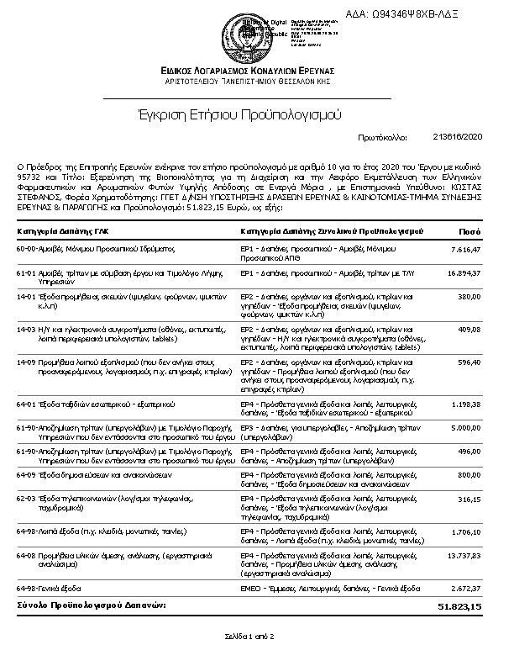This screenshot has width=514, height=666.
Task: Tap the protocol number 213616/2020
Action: coord(459,136)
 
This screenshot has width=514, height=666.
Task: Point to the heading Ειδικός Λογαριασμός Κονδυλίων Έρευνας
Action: coord(249,69)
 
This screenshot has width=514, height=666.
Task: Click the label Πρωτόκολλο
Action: coord(382,136)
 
